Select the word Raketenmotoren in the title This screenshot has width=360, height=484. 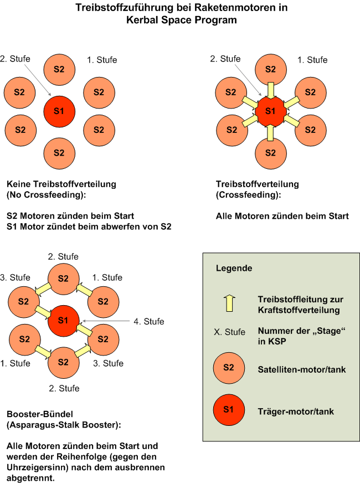[216, 8]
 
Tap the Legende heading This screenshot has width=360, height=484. [234, 269]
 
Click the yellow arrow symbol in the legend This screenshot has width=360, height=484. [228, 303]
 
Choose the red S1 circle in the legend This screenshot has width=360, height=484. [229, 411]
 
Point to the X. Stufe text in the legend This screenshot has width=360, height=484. [229, 332]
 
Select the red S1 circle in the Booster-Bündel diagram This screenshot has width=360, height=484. [63, 320]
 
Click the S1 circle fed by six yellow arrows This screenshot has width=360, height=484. [270, 112]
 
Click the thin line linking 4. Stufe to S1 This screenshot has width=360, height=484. [106, 321]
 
